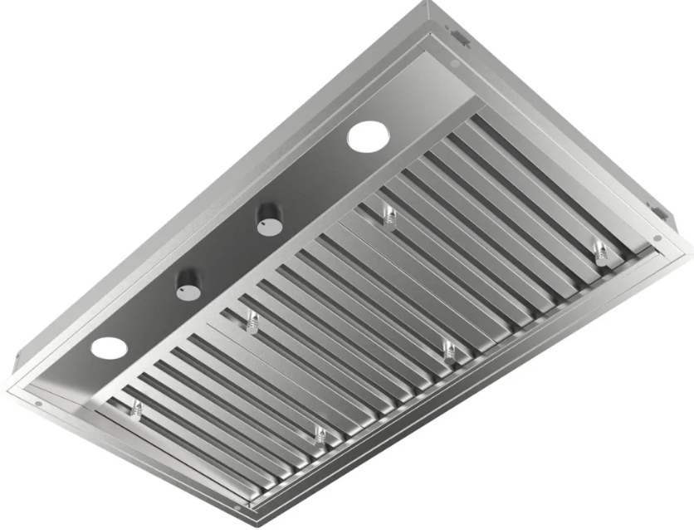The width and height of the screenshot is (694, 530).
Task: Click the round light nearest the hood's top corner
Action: click(366, 136)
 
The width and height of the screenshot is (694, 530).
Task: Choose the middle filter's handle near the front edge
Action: click(449, 350)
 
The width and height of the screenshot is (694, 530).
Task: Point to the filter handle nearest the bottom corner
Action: click(319, 434)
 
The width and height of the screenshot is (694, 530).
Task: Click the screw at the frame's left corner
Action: click(38, 405)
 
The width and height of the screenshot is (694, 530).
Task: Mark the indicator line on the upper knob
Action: click(267, 219)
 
